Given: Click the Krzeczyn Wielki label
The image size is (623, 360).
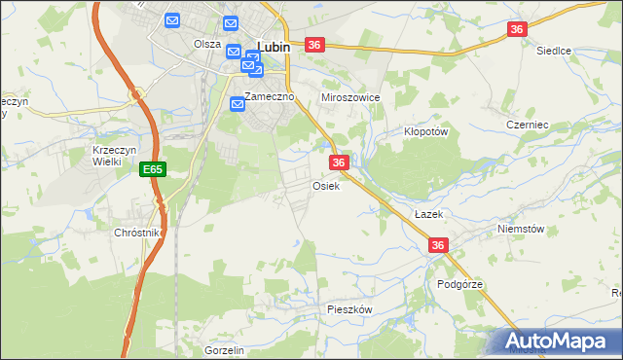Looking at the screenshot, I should [107, 156].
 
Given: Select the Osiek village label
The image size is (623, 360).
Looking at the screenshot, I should [326, 186].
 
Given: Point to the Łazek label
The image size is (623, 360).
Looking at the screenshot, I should [427, 213].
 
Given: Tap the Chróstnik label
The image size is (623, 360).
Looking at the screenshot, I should [137, 234].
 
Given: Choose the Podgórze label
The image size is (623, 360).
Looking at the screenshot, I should [460, 284].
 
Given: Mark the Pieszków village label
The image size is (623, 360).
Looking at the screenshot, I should [350, 308].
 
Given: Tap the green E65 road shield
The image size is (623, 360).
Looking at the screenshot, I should [152, 169].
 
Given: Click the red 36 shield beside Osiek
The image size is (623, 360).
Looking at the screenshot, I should [339, 162].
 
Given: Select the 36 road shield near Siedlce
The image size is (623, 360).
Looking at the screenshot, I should [517, 30].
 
